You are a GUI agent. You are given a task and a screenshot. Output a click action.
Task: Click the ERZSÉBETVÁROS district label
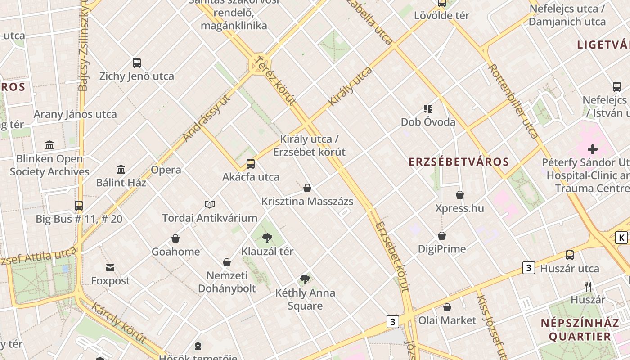click(459, 162)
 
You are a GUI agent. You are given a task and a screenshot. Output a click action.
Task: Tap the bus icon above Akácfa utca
click(251, 164)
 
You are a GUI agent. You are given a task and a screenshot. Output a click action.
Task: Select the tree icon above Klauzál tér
click(267, 238)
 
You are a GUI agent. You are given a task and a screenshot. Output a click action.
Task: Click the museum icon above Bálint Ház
click(121, 170)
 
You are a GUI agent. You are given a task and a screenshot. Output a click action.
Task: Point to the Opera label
click(166, 170)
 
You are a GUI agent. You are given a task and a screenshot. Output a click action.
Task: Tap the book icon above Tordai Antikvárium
click(210, 205)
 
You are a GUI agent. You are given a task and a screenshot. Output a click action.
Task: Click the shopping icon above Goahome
click(175, 238)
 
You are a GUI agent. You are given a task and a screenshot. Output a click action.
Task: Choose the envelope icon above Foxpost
click(110, 268)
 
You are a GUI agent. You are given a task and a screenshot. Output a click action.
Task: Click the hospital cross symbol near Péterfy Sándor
click(593, 149)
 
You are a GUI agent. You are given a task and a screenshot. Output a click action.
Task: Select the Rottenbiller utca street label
click(513, 101)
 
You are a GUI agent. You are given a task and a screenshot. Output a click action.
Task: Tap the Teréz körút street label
click(274, 81)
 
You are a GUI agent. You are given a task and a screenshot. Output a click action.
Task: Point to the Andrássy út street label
click(207, 118)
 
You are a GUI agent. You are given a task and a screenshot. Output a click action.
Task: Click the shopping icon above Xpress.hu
click(460, 195)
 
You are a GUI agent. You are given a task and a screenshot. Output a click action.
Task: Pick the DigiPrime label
click(442, 249)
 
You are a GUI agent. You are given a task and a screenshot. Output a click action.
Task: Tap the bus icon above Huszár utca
click(570, 255)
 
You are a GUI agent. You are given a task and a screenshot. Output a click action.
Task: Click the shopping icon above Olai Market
click(447, 307)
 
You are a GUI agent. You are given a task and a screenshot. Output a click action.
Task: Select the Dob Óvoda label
click(428, 122)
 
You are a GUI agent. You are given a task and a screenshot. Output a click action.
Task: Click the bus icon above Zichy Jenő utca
click(137, 63)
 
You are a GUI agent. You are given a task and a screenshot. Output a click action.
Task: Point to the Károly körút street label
click(119, 323)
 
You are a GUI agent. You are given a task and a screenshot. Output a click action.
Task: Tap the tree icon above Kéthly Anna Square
click(305, 279)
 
